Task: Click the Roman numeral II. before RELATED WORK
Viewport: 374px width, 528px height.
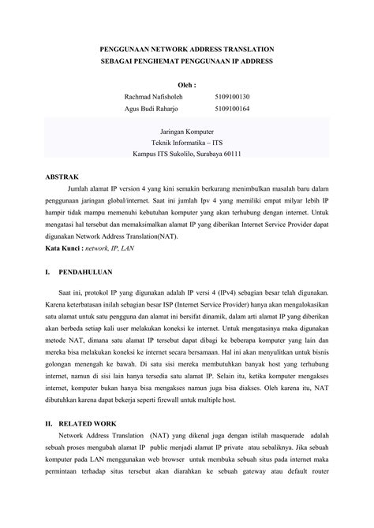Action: point(50,422)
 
